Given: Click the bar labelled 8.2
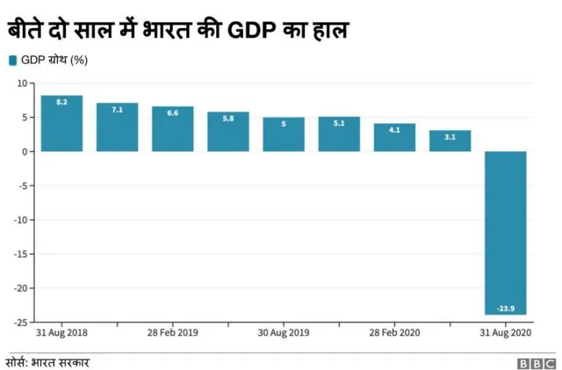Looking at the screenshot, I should pyautogui.click(x=61, y=123).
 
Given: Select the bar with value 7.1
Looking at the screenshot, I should pyautogui.click(x=117, y=127).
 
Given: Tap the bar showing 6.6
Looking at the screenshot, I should pyautogui.click(x=172, y=129).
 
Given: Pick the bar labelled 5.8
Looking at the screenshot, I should pyautogui.click(x=228, y=132).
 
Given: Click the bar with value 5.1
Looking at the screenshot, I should pyautogui.click(x=339, y=134).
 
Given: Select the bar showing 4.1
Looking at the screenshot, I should pyautogui.click(x=394, y=138).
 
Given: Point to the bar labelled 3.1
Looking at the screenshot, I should pyautogui.click(x=450, y=141).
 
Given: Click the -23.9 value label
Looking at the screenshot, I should pyautogui.click(x=505, y=308).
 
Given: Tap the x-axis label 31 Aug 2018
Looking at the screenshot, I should pyautogui.click(x=61, y=334).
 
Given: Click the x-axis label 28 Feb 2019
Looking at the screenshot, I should pyautogui.click(x=172, y=334).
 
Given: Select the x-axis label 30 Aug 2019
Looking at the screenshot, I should pyautogui.click(x=284, y=334).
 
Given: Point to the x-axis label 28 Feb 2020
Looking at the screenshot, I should pyautogui.click(x=394, y=334).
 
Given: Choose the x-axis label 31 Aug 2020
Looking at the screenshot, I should pyautogui.click(x=505, y=334).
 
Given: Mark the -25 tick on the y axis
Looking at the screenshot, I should pyautogui.click(x=20, y=322).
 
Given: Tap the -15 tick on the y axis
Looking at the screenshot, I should pyautogui.click(x=20, y=254).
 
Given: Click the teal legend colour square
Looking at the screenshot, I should pyautogui.click(x=11, y=60).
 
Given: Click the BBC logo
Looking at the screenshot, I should pyautogui.click(x=535, y=361).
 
